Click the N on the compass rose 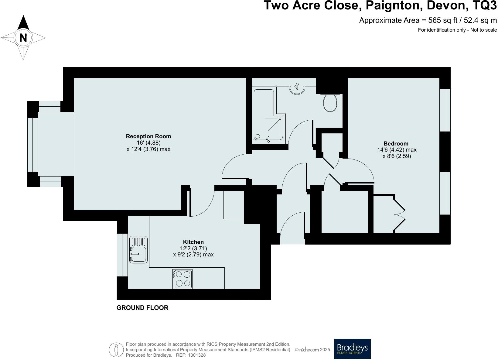pyautogui.click(x=23, y=38)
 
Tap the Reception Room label pyautogui.click(x=148, y=136)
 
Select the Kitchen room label pyautogui.click(x=193, y=242)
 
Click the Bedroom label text pyautogui.click(x=396, y=144)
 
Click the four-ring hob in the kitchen pyautogui.click(x=183, y=279)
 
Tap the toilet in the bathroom pyautogui.click(x=330, y=103)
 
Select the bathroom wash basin pyautogui.click(x=297, y=88)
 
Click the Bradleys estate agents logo pyautogui.click(x=352, y=349)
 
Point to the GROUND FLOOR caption pyautogui.click(x=142, y=308)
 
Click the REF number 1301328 pyautogui.click(x=197, y=355)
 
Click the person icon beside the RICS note pyautogui.click(x=116, y=350)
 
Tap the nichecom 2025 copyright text pyautogui.click(x=313, y=350)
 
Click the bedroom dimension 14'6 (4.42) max pyautogui.click(x=397, y=150)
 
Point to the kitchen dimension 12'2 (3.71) pyautogui.click(x=193, y=249)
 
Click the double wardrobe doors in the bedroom pyautogui.click(x=400, y=214)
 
